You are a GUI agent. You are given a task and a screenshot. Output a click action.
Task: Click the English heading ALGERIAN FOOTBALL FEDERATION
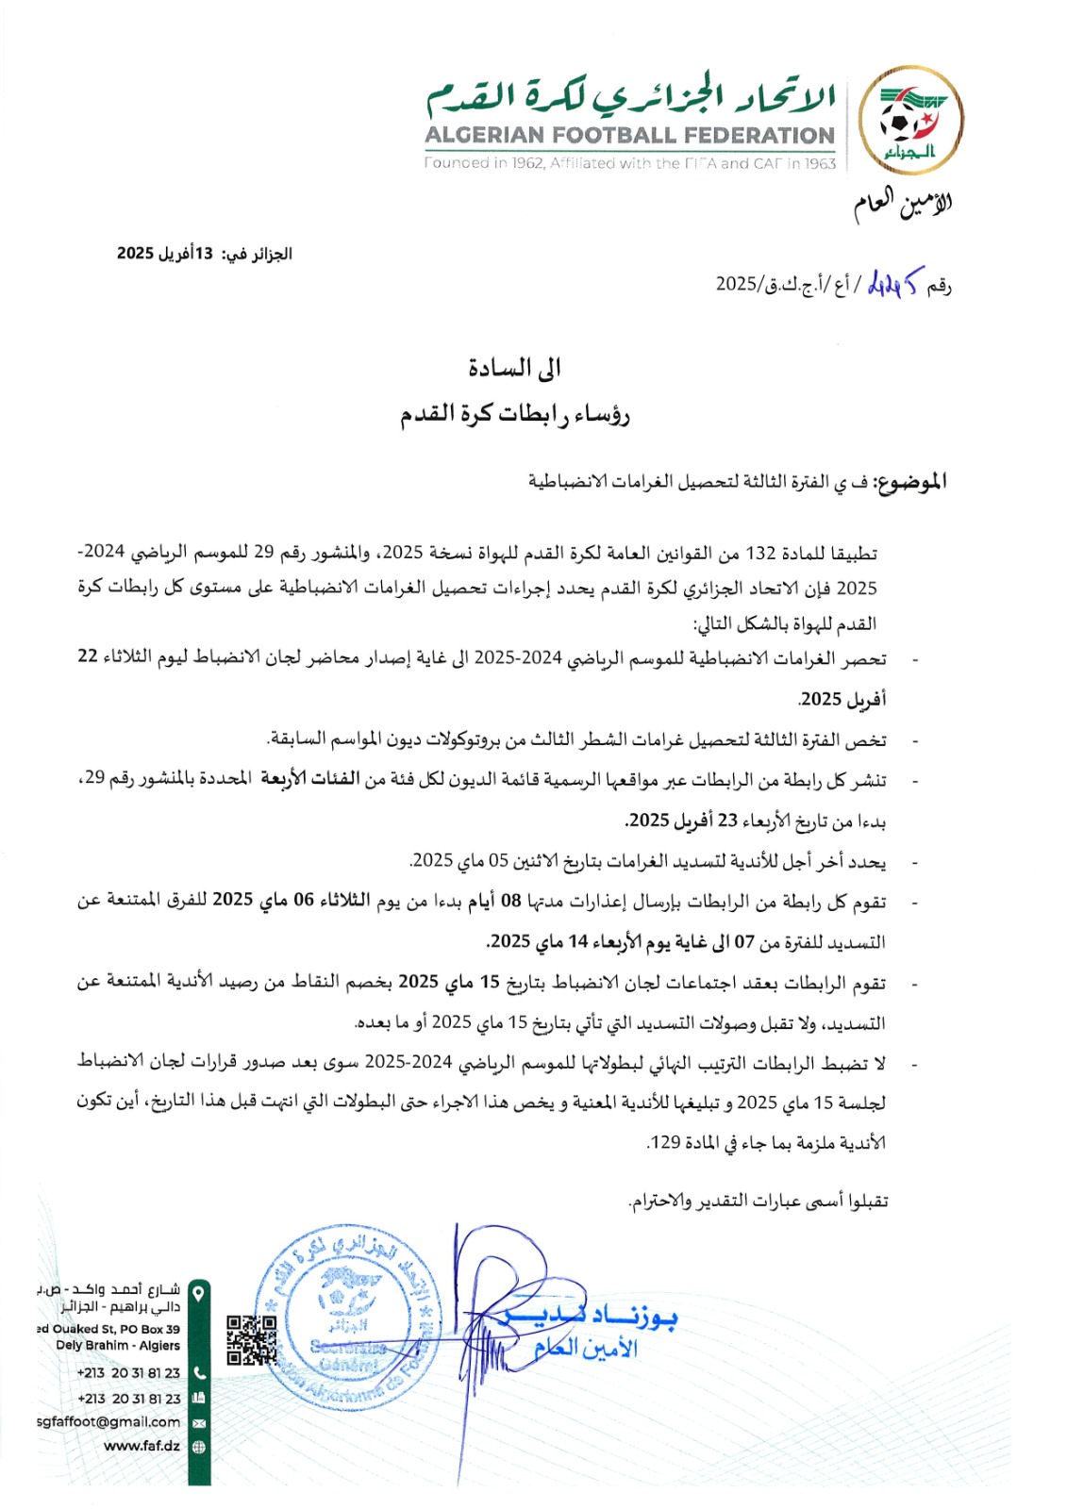point(629,136)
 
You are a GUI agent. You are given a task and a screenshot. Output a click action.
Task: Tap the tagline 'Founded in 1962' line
point(629,163)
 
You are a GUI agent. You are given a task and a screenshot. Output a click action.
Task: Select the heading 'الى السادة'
point(514,368)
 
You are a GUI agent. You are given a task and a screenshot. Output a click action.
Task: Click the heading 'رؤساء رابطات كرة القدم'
point(514,413)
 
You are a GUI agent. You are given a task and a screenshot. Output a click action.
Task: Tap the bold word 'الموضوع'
point(909,482)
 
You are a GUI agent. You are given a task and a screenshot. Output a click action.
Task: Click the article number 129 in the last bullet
point(666,1142)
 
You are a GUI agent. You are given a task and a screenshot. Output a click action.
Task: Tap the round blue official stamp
point(347,1318)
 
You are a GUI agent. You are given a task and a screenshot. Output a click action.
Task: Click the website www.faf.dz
point(142,1446)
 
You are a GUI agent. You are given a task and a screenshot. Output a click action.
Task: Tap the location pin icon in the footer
point(198,1291)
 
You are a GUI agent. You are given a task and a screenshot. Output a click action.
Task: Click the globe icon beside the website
point(198,1447)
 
